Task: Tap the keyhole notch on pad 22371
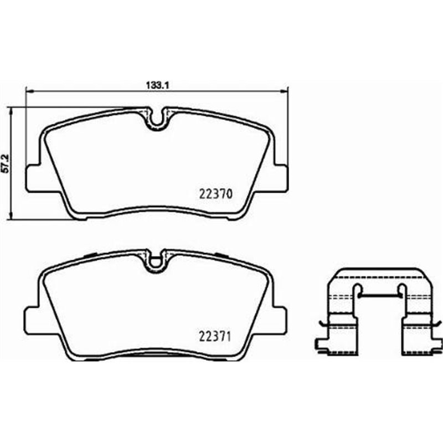157,261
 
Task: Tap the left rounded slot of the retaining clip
358,290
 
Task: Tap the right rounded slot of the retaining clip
402,290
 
